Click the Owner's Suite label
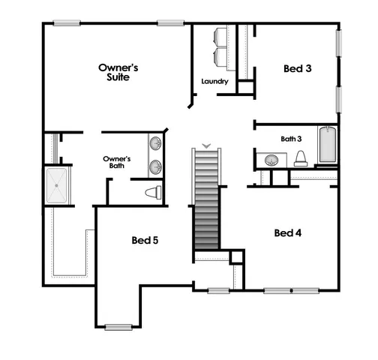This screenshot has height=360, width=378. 118,72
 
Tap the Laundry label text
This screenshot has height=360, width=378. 214,81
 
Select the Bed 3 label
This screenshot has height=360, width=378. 298,68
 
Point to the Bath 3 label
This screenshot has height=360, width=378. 291,138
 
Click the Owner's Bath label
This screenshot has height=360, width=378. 117,162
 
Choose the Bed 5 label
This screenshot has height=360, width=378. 145,241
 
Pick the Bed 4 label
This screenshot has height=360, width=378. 288,232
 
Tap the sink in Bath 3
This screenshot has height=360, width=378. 271,160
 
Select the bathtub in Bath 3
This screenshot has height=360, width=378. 328,145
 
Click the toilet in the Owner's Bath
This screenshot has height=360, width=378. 153,192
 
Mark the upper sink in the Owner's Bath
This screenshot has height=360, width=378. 155,142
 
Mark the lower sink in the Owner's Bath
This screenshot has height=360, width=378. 155,166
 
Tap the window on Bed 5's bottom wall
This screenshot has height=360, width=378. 118,325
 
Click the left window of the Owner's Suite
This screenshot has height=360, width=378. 66,22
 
